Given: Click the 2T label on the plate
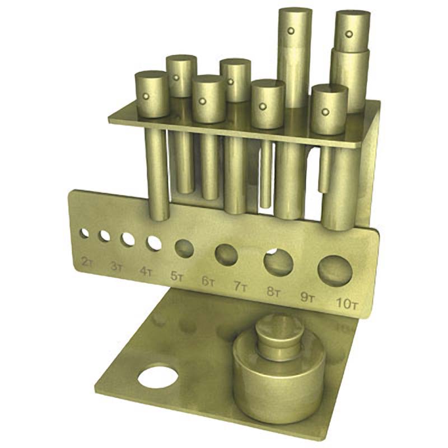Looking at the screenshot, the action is (x=87, y=262).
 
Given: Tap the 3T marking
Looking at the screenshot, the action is (x=116, y=267).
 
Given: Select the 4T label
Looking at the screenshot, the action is (x=146, y=272).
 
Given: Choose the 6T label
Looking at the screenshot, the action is (x=208, y=282).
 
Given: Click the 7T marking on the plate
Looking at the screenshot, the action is (x=240, y=287).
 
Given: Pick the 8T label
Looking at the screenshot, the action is (x=274, y=292).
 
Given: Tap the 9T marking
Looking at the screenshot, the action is (x=307, y=298).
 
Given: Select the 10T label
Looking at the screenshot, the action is (x=346, y=304).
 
